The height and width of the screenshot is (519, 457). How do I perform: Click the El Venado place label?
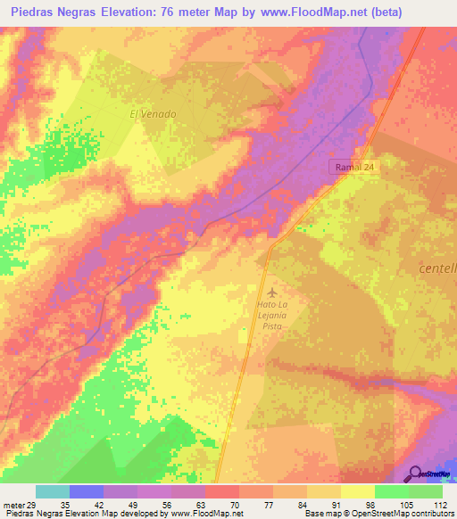(x=154, y=114)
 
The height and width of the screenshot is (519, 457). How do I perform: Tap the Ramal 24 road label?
(x=353, y=167)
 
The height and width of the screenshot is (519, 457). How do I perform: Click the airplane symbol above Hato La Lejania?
(x=272, y=292)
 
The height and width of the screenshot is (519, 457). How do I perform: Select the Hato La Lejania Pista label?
(x=272, y=316)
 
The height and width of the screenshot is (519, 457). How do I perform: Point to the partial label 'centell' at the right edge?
(x=436, y=268)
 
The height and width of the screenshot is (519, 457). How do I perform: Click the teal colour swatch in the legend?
(x=52, y=491)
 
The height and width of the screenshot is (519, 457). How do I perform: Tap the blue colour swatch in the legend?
(x=86, y=491)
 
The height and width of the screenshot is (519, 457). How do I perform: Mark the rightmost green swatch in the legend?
(x=425, y=491)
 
